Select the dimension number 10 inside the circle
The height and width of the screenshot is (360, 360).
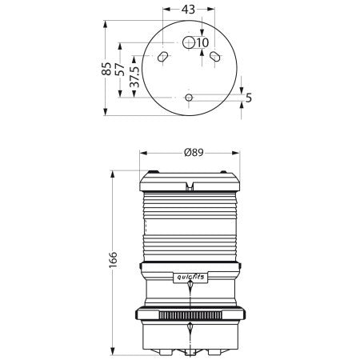pos(202,42)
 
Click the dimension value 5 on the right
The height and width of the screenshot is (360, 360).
pos(249,98)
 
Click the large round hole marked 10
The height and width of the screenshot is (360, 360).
pos(189,42)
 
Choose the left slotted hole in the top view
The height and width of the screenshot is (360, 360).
pos(162,57)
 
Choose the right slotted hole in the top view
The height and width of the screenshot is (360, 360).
pos(215,57)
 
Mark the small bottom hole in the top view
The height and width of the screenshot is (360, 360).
pos(189,98)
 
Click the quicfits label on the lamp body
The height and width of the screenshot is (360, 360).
pos(189,276)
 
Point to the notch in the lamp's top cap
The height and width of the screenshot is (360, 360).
pos(190,186)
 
